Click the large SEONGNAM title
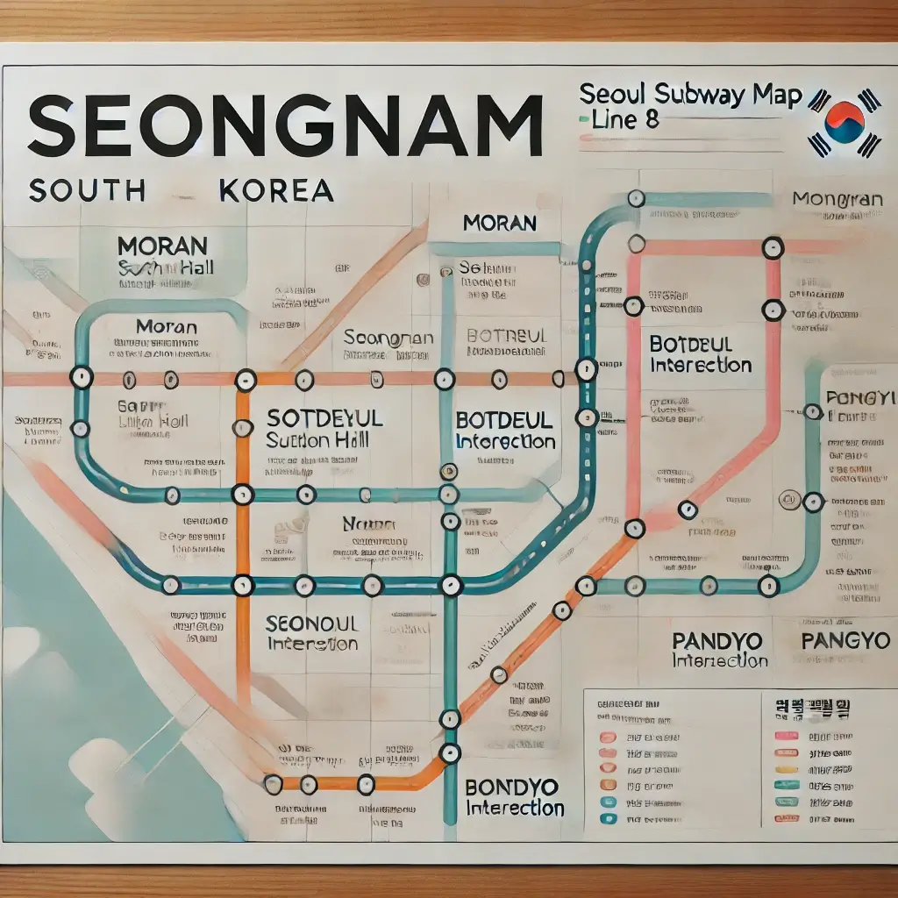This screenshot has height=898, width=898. pyautogui.click(x=285, y=127)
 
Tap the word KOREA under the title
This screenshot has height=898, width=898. pyautogui.click(x=277, y=190)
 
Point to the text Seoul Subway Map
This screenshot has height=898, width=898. pyautogui.click(x=690, y=95)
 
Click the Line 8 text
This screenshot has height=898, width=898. pyautogui.click(x=625, y=119)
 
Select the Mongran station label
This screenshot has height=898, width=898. pyautogui.click(x=837, y=200)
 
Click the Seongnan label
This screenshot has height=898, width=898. pyautogui.click(x=388, y=338)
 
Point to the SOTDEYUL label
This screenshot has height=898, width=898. pyautogui.click(x=324, y=417)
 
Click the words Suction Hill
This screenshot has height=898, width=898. pyautogui.click(x=310, y=439)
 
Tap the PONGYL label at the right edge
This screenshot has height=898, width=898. pyautogui.click(x=856, y=397)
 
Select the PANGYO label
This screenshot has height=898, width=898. pyautogui.click(x=845, y=640)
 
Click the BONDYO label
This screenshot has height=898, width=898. pyautogui.click(x=510, y=786)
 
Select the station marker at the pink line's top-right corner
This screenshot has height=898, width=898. pyautogui.click(x=772, y=248)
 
